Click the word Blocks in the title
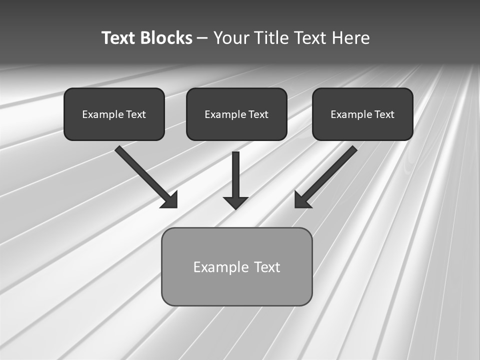coord(166,38)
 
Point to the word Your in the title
coord(231,38)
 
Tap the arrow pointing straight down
coord(235,175)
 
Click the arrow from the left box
coord(142,173)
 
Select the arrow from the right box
coord(330,173)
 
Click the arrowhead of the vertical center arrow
coord(235,202)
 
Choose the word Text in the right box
coord(384,114)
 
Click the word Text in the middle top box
coord(258,114)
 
